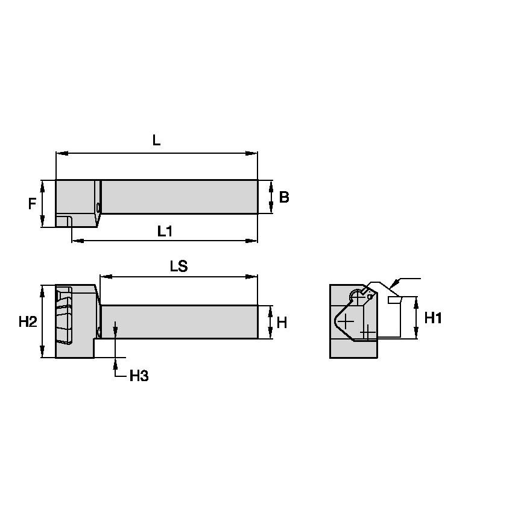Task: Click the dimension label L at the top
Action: (x=156, y=141)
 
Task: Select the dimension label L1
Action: (x=165, y=230)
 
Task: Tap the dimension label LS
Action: (x=179, y=267)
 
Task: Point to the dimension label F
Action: (x=32, y=204)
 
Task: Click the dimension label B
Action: (x=284, y=197)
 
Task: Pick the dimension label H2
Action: (x=28, y=321)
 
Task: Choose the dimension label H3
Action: (x=139, y=376)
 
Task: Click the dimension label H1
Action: (x=433, y=318)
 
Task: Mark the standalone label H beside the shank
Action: (x=282, y=323)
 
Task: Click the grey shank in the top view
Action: (x=180, y=197)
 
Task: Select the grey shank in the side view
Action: (x=180, y=322)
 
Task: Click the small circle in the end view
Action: (x=358, y=297)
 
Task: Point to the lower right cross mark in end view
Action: (x=367, y=332)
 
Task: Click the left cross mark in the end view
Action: (x=346, y=323)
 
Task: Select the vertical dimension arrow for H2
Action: (x=43, y=321)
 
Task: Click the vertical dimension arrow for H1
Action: (x=416, y=318)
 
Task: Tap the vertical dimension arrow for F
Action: (x=43, y=204)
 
